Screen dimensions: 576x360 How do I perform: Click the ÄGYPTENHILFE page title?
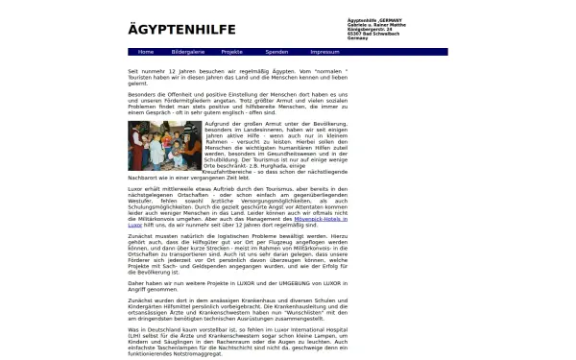pos(182,29)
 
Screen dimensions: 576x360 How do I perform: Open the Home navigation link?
pos(144,52)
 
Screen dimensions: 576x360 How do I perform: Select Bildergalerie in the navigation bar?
pos(187,52)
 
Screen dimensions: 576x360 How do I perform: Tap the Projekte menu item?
pos(231,52)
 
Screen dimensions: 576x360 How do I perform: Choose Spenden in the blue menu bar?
pos(276,52)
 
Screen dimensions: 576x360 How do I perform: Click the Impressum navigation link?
pos(325,52)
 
